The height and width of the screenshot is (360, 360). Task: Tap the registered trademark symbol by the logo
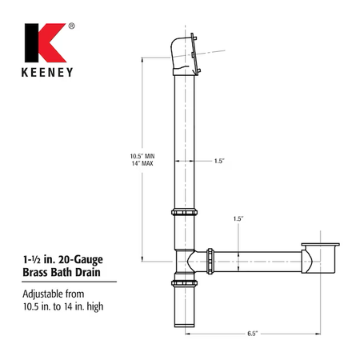pos(71,26)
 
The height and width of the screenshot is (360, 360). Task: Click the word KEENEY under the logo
pos(47,72)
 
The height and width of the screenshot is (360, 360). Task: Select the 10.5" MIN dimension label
pos(142,156)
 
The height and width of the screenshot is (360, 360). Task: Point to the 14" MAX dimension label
pos(142,163)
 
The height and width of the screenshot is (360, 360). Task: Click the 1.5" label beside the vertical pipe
pos(219,161)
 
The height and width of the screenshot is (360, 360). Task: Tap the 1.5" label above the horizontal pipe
pos(238,218)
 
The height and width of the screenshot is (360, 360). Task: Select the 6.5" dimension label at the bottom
pos(252,334)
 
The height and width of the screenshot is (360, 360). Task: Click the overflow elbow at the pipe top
pos(184,54)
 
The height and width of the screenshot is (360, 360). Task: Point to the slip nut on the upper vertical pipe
pos(184,212)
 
